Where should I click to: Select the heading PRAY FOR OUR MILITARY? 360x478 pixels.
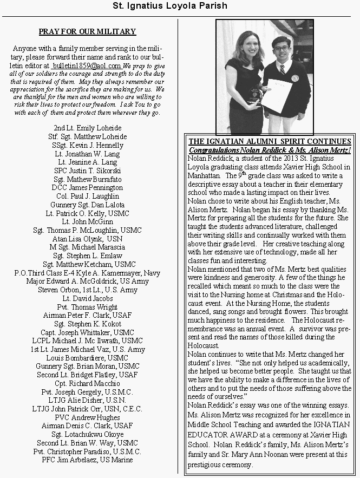tap(87, 32)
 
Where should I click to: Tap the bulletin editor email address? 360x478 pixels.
tap(89, 65)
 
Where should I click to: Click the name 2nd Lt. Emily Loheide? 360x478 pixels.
tap(87, 128)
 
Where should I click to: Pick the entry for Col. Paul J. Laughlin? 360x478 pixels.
tap(87, 196)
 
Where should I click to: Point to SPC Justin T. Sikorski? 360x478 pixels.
tap(87, 171)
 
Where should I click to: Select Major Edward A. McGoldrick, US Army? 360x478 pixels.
tap(87, 281)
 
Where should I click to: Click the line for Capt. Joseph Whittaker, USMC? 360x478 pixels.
tap(87, 332)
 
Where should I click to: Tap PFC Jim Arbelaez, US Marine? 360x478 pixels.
tap(87, 460)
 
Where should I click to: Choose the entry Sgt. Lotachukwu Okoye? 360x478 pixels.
tap(87, 435)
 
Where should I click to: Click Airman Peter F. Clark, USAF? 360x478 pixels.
tap(87, 315)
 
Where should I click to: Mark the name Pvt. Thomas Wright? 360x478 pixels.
tap(87, 306)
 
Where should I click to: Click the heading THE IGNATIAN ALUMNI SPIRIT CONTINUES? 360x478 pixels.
tap(269, 141)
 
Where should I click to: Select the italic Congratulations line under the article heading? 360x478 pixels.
tap(270, 149)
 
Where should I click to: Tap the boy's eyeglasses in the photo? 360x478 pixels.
tap(282, 49)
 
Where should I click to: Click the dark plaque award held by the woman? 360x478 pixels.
tap(253, 95)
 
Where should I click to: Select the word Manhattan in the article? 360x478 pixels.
tap(204, 176)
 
